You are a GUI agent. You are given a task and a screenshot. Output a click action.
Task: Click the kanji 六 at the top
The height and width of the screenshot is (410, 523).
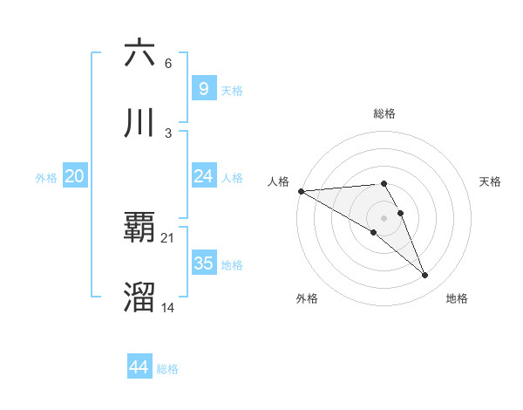click(x=139, y=54)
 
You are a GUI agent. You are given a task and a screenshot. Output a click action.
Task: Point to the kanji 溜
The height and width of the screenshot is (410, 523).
click(x=139, y=297)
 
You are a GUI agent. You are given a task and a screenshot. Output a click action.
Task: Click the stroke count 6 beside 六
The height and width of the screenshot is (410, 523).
click(x=168, y=64)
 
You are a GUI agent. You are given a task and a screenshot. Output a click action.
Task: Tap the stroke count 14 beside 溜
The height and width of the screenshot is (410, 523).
click(x=168, y=308)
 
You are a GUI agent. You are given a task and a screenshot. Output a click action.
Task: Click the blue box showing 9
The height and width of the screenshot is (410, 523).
click(x=203, y=88)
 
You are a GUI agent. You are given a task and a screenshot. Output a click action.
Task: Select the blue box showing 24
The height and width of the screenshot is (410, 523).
click(x=203, y=176)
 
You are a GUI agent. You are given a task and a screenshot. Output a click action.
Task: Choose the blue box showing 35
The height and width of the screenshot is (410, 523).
click(x=203, y=263)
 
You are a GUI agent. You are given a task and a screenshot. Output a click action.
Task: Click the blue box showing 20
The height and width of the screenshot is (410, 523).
click(x=74, y=176)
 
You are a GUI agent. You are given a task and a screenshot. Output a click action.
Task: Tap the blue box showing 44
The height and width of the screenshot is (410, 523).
click(x=139, y=367)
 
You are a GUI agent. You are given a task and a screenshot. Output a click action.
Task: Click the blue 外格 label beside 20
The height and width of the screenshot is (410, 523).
click(x=46, y=178)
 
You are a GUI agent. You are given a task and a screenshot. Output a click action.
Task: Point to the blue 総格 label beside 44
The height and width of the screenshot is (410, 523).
click(x=167, y=369)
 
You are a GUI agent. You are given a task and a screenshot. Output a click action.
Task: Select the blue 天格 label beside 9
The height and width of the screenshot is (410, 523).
click(x=232, y=90)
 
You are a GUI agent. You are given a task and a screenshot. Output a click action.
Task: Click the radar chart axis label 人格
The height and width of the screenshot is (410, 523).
click(x=278, y=181)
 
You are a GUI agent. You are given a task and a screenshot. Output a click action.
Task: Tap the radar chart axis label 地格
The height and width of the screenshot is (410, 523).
click(x=457, y=298)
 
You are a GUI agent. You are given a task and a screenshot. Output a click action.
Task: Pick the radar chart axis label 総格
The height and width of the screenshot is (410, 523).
click(x=384, y=113)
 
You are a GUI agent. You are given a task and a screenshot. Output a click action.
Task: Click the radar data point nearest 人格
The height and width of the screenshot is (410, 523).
click(x=301, y=191)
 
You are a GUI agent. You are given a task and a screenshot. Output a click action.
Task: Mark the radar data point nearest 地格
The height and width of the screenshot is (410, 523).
click(x=425, y=276)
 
